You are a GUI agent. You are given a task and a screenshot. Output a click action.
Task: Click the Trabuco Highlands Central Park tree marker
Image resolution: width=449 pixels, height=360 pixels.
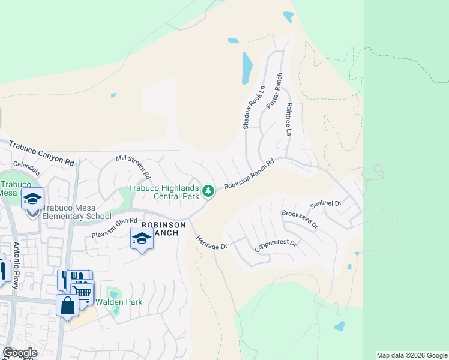[x=208, y=191]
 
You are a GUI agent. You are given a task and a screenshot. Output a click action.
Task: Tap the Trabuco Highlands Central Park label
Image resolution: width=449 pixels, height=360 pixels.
[x=164, y=192]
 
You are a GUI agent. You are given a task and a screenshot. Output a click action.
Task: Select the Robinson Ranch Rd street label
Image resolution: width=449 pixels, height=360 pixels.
[x=249, y=175]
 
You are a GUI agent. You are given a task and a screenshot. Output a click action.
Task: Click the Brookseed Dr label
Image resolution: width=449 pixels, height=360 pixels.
[x=300, y=217]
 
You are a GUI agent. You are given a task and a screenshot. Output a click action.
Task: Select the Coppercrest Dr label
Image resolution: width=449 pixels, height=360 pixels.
[x=276, y=245]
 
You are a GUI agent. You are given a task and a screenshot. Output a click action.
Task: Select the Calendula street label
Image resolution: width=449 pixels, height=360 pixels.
[x=26, y=164]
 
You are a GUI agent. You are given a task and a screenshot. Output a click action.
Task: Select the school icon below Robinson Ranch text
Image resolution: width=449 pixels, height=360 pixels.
[x=142, y=239]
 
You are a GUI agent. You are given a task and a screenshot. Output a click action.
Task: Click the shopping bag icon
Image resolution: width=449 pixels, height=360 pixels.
[x=68, y=305]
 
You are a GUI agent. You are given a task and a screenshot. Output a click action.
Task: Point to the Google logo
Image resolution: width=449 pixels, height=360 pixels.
[x=20, y=353]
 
